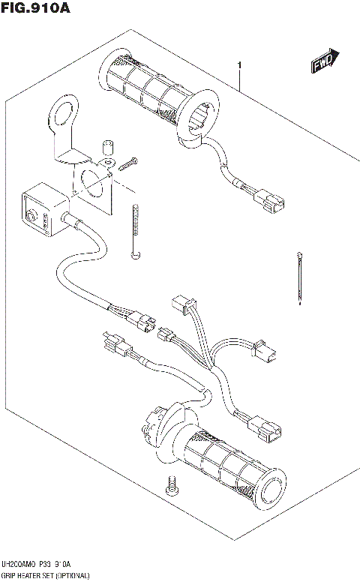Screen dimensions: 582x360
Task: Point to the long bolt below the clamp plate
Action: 134,232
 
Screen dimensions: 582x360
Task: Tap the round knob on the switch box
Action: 31,218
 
